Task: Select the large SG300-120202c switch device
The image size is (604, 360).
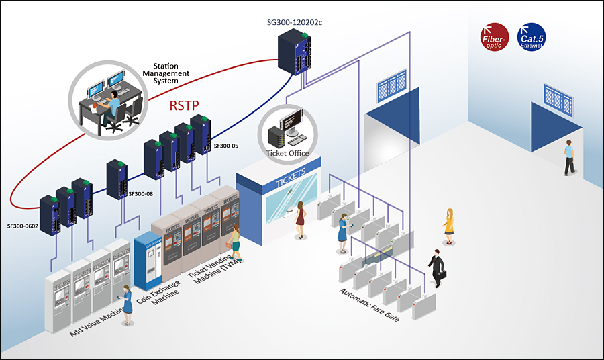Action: tap(295, 55)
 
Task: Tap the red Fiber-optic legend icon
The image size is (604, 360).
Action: tap(495, 37)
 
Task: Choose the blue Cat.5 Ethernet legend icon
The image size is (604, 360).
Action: tap(532, 37)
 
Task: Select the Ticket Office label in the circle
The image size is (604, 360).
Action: tap(287, 153)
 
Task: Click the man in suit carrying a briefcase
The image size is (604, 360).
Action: tap(436, 268)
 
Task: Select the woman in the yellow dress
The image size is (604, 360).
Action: tap(449, 224)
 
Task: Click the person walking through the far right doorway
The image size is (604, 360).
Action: tap(569, 157)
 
